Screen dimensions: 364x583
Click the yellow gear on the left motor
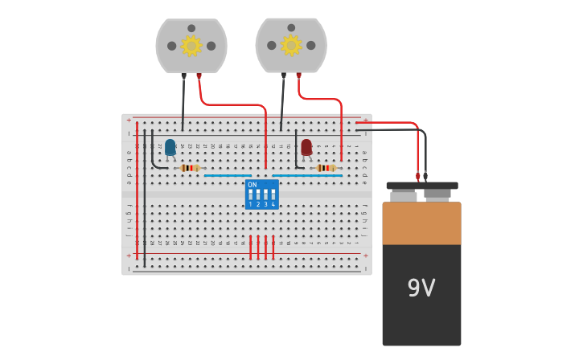pos(191,46)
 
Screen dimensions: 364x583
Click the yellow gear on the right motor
pos(291,46)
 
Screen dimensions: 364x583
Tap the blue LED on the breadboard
pos(170,147)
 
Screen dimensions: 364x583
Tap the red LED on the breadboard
pos(306,147)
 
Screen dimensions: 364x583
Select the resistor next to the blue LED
pos(190,168)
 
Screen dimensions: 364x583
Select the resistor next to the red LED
pos(326,168)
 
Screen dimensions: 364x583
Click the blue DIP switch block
pos(262,194)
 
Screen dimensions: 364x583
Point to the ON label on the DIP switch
pos(252,185)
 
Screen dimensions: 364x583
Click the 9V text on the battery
pos(421,288)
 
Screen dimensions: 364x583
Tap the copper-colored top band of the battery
pos(421,223)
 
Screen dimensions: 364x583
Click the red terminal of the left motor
pos(199,76)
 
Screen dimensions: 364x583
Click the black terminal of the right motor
pos(283,76)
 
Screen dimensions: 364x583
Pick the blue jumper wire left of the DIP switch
pos(228,175)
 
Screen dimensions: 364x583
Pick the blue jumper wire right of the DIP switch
pos(306,175)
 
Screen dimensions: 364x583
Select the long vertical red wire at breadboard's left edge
pos(137,193)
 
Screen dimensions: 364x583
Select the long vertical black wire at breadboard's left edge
pos(145,201)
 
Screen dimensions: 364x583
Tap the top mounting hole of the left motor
pos(191,28)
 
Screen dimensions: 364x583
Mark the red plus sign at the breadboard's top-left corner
pos(128,120)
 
